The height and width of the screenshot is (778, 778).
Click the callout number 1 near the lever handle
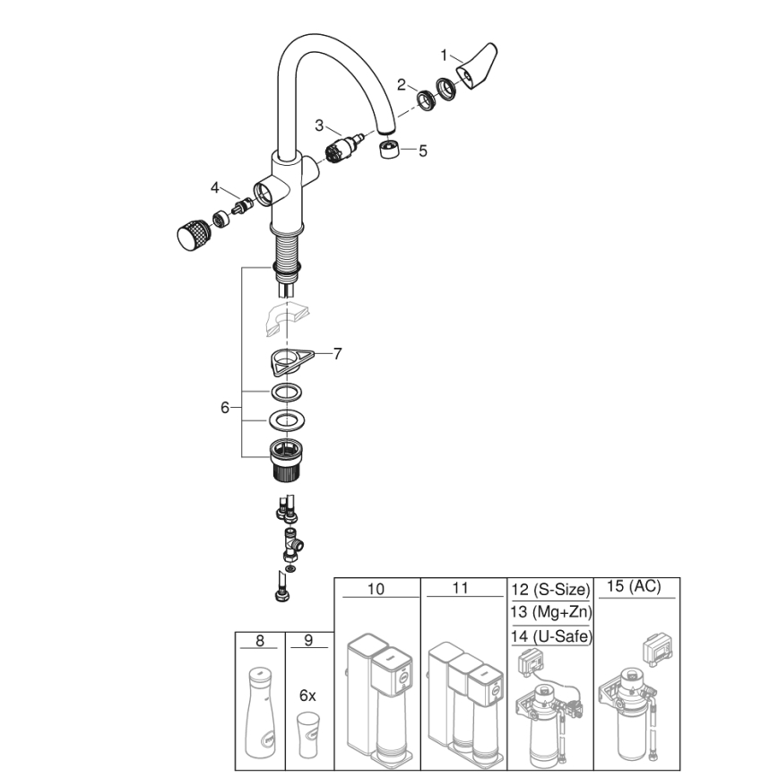(x=444, y=55)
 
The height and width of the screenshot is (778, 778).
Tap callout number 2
(x=402, y=84)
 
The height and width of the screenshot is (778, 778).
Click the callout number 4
(x=215, y=187)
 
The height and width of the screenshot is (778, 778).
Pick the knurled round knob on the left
(x=190, y=237)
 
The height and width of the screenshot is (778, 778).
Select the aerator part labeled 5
(x=389, y=149)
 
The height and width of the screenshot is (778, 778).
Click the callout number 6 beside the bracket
(x=225, y=408)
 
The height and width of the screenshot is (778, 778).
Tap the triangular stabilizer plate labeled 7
(x=288, y=361)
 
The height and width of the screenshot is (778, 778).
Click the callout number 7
(x=337, y=354)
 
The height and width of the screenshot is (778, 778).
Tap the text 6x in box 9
(x=307, y=695)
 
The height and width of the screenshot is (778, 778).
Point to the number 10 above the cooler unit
(x=376, y=589)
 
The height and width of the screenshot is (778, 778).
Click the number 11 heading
(x=461, y=589)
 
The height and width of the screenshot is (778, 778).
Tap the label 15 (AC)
(x=634, y=586)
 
